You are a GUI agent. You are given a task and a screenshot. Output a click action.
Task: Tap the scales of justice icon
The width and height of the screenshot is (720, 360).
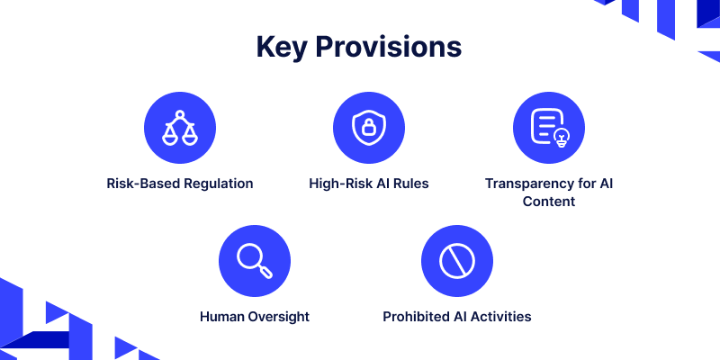coord(180,128)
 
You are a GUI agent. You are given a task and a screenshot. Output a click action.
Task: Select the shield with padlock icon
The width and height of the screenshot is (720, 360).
coord(369,127)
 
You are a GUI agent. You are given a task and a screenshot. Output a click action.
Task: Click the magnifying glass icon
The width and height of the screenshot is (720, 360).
coord(255,261)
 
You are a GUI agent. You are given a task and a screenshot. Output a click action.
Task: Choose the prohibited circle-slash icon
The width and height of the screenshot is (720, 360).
coord(457,261)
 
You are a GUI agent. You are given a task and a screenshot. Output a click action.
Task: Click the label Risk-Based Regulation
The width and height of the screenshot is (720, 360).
coord(180,184)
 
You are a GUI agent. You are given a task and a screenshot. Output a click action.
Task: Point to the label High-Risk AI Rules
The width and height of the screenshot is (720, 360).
coord(369,184)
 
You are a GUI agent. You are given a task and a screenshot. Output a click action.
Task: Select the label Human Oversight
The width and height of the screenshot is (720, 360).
coord(255,317)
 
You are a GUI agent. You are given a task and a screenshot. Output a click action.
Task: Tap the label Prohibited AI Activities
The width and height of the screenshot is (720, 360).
coord(457,317)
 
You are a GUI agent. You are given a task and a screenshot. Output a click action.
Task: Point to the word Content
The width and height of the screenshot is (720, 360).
coord(549,201)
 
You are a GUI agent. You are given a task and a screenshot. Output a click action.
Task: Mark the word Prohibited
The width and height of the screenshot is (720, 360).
coord(417,317)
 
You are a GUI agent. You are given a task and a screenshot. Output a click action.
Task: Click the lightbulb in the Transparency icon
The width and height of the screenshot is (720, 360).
coord(562,138)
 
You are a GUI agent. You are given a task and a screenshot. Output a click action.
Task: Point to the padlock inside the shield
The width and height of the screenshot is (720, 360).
coord(369,128)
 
